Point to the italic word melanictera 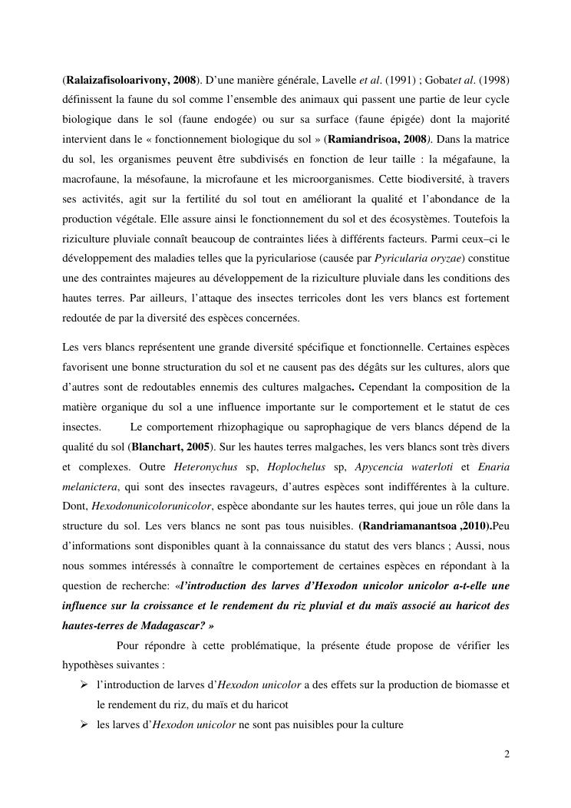pyautogui.click(x=89, y=486)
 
